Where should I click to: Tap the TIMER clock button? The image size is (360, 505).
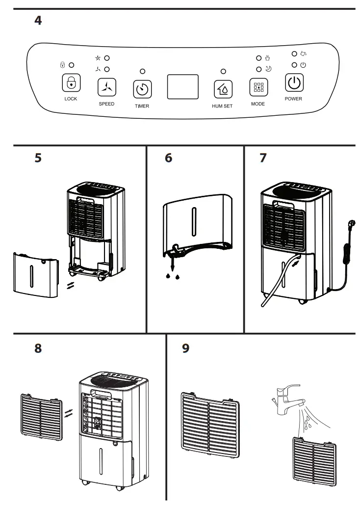[142, 89]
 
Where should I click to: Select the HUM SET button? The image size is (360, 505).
[223, 89]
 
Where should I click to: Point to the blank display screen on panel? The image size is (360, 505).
[182, 87]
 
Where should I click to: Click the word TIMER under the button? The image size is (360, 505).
[142, 106]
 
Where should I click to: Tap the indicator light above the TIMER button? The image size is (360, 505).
[142, 71]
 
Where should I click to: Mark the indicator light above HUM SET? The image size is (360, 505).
[223, 71]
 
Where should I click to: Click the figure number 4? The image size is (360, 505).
[38, 22]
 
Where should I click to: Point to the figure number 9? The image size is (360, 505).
[185, 348]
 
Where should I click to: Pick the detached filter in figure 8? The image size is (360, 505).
[41, 415]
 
